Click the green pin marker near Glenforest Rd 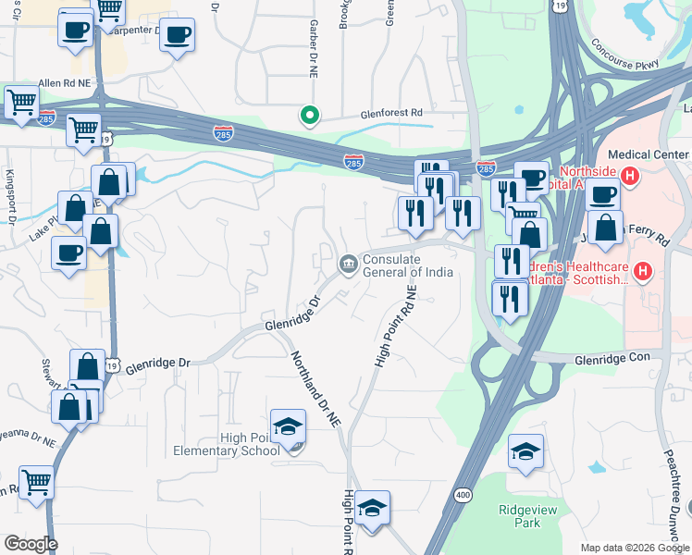[x=310, y=116]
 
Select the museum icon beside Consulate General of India [x=348, y=265]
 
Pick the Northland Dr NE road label [x=315, y=388]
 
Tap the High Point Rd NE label [x=396, y=327]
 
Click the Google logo [x=30, y=544]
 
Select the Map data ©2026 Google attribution [x=634, y=548]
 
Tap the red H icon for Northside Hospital [x=630, y=174]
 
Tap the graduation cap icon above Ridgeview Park [x=525, y=451]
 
